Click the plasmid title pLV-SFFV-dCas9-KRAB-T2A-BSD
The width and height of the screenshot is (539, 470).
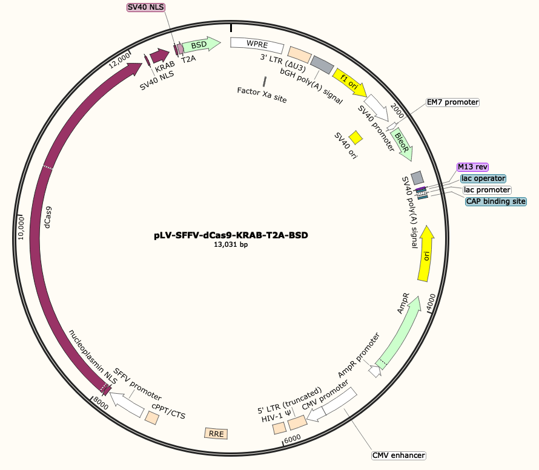coord(231,235)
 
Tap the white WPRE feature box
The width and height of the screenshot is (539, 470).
coord(257,45)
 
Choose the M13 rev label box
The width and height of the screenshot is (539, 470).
coord(472,167)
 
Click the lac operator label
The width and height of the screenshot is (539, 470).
coord(483,178)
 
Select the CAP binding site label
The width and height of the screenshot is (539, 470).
coord(495,201)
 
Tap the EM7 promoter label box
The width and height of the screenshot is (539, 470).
coord(452,103)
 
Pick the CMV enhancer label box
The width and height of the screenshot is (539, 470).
coord(398,455)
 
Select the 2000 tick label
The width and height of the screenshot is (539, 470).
coord(398,109)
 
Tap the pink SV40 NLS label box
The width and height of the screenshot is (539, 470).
coord(145,7)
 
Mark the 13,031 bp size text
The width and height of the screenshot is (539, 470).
coord(231,245)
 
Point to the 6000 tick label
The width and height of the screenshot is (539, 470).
coord(293,438)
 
